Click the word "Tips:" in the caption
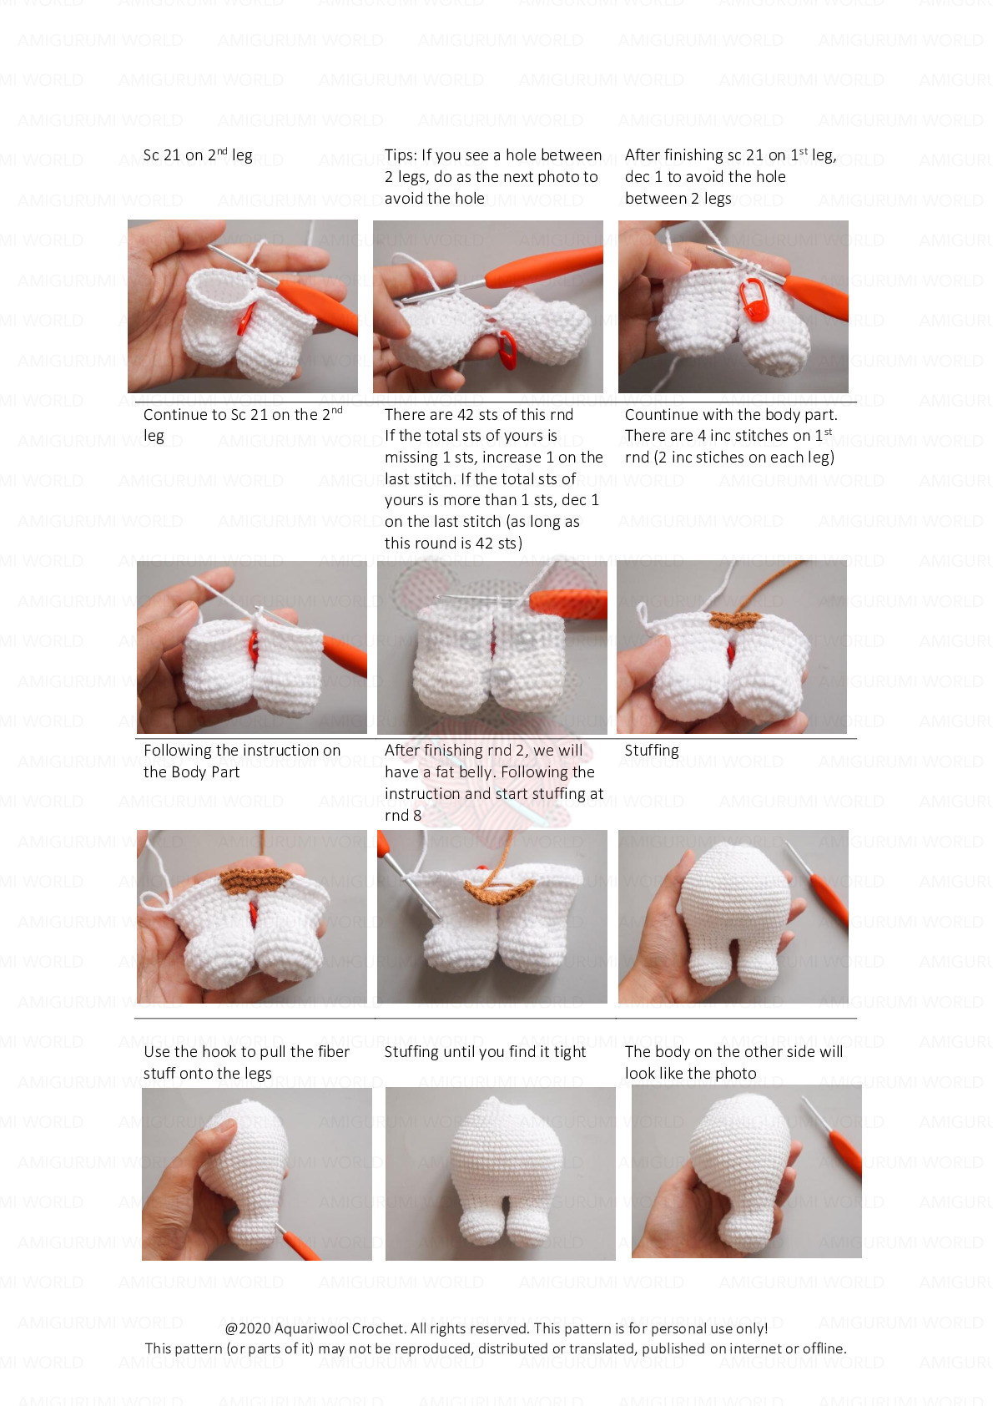[401, 155]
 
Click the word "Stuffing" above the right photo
[651, 751]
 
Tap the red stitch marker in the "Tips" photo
[507, 349]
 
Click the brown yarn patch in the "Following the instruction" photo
[255, 879]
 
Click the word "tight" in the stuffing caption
[570, 1052]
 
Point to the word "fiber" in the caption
[332, 1052]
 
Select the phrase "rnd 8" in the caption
[403, 816]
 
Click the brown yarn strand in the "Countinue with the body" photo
[768, 585]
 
